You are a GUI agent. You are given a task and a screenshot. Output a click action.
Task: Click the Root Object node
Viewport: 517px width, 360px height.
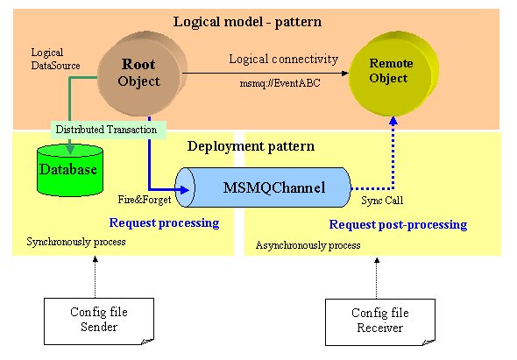143,74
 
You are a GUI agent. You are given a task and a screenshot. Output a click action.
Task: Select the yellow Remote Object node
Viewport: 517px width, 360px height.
393,74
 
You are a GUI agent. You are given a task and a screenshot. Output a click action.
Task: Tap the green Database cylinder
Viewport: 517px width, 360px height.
70,170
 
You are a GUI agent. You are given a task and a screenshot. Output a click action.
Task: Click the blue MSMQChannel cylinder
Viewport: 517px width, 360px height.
263,187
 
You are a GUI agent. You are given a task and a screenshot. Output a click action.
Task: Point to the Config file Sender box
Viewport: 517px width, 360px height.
99,321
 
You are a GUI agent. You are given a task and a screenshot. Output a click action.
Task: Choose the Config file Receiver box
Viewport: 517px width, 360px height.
380,322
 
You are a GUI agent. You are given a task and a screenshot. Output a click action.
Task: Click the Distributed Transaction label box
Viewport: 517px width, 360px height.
109,130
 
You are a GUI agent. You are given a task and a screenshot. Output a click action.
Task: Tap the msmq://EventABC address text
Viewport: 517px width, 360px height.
280,83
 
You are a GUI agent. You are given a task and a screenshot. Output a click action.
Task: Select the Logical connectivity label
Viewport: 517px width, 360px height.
284,59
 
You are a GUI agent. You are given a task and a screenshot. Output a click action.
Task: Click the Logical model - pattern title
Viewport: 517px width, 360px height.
247,22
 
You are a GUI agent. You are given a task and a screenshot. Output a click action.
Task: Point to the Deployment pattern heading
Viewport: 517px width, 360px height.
251,146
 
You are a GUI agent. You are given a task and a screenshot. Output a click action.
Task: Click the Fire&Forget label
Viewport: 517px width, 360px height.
145,200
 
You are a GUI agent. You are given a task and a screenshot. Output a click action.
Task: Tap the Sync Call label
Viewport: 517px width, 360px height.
382,200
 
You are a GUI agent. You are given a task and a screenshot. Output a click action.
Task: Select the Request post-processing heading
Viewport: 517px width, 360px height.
398,224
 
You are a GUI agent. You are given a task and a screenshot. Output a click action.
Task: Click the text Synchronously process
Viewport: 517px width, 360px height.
76,242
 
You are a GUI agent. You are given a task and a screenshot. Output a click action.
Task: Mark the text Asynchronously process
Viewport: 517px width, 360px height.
308,245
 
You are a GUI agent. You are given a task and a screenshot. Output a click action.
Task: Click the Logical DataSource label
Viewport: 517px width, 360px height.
55,59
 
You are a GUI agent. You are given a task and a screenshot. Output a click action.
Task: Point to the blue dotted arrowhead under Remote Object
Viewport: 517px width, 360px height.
393,121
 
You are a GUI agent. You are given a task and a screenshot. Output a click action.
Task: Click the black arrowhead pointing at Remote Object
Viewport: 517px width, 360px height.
344,74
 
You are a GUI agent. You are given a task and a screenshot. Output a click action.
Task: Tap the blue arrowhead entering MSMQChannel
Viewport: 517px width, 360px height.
185,189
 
